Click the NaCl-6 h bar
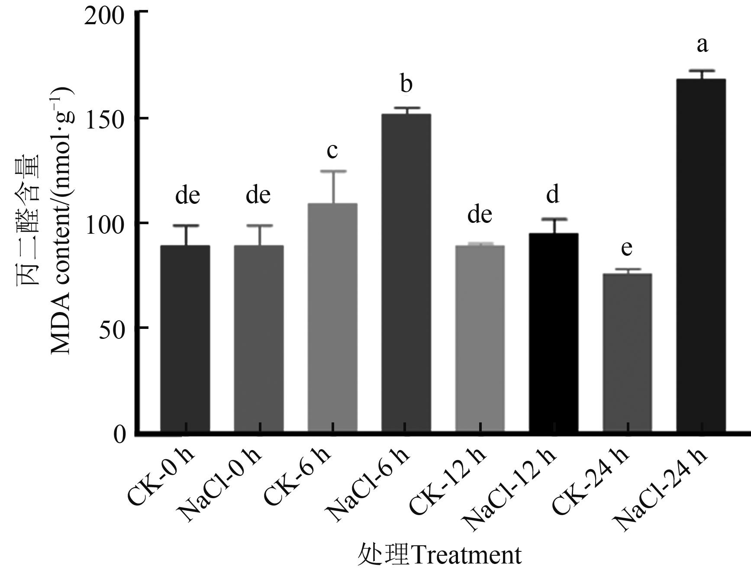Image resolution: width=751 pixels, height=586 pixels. coord(406,273)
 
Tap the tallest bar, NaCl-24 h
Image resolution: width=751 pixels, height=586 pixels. coord(701,255)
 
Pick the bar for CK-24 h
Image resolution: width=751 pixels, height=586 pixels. coord(627,352)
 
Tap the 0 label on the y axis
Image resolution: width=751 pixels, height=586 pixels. coord(119,434)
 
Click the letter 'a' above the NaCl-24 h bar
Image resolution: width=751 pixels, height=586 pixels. coord(702,45)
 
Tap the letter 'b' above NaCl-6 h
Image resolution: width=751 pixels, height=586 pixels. coord(406,84)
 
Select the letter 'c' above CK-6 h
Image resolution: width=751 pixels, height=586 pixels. coord(332,151)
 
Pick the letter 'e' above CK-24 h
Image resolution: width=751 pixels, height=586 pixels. coord(626,248)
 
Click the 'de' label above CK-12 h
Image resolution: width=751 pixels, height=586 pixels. coord(480,215)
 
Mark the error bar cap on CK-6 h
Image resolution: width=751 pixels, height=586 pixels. coord(333,171)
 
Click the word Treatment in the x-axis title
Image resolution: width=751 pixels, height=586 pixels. coord(466,556)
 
